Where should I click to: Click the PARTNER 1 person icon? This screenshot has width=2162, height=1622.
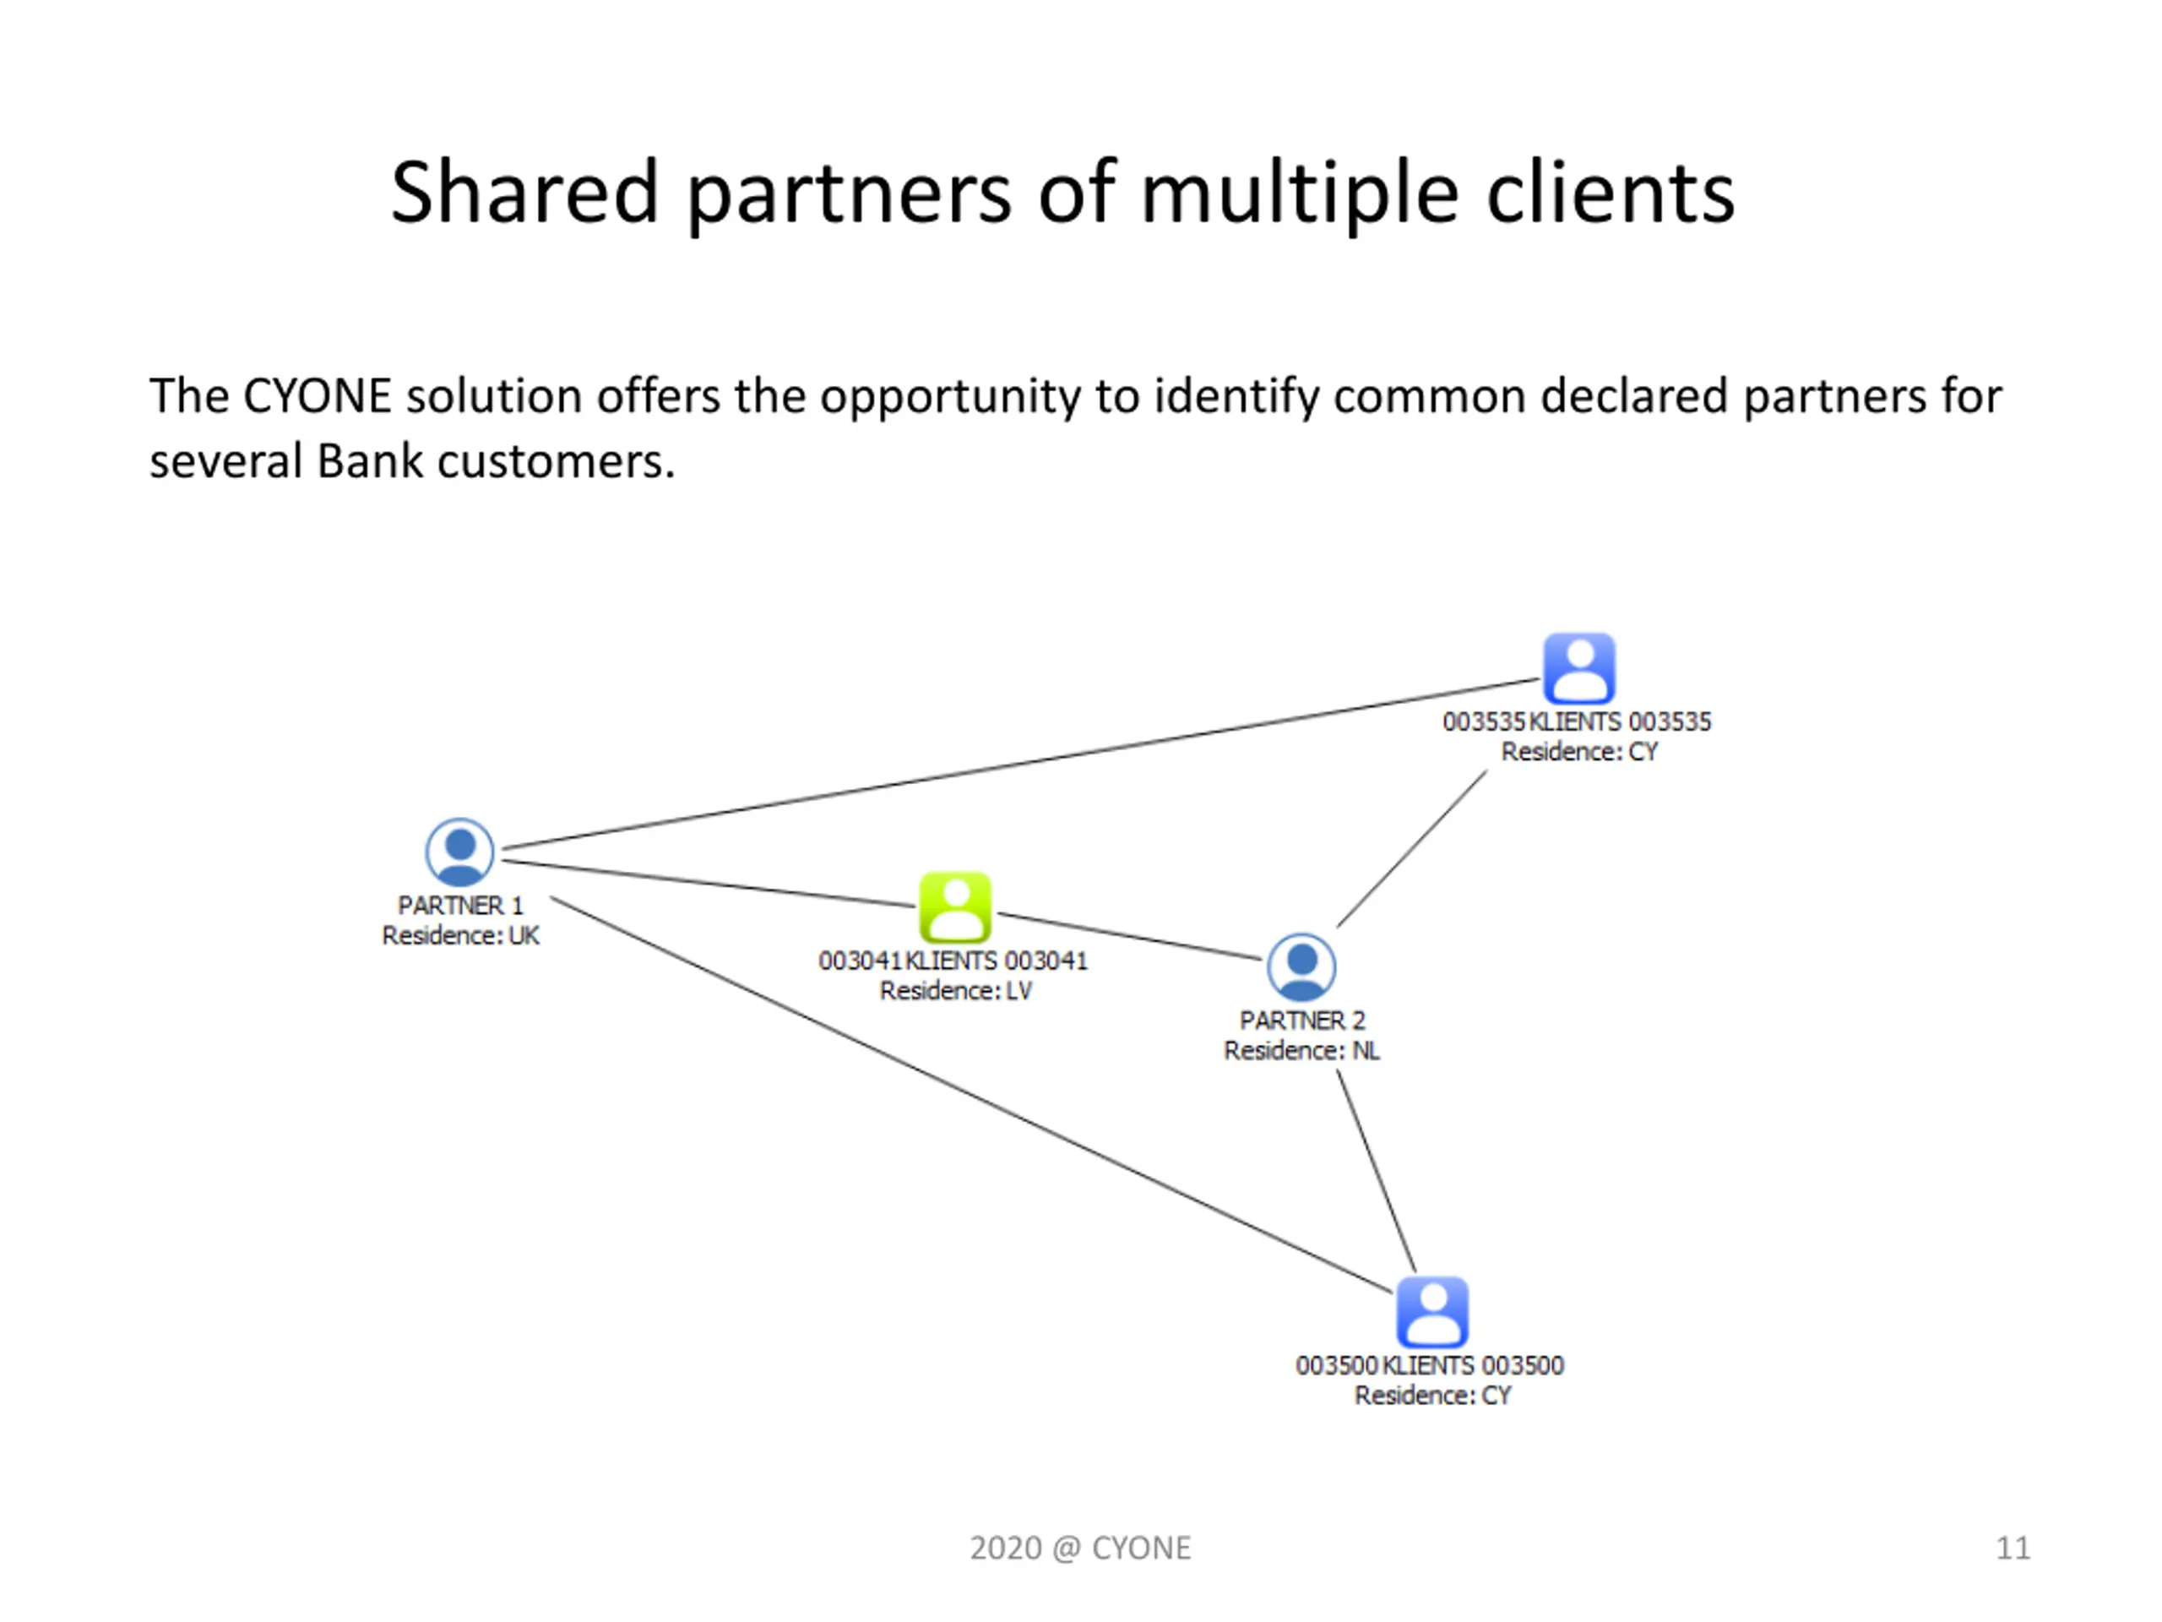(x=459, y=852)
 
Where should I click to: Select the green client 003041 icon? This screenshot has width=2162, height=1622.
(x=955, y=906)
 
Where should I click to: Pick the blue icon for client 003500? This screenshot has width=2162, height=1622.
(x=1431, y=1311)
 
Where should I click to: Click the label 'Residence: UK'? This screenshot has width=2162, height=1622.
(x=460, y=936)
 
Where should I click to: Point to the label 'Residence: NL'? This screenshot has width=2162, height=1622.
(x=1301, y=1050)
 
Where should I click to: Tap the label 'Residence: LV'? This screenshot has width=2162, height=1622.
(x=955, y=990)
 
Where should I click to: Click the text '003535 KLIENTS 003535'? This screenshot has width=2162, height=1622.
(x=1577, y=721)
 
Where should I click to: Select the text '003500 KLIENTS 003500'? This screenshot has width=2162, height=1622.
(x=1430, y=1365)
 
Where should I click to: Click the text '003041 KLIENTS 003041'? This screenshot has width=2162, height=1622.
(x=953, y=960)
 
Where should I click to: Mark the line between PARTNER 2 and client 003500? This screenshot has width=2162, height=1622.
(x=1377, y=1170)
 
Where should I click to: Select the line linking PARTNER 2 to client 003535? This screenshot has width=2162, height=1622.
(x=1412, y=849)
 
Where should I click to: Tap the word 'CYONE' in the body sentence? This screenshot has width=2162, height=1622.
(x=317, y=396)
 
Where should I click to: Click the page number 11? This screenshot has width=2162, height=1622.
(x=2013, y=1548)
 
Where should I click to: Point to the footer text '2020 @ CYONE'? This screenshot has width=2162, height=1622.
(x=1080, y=1548)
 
